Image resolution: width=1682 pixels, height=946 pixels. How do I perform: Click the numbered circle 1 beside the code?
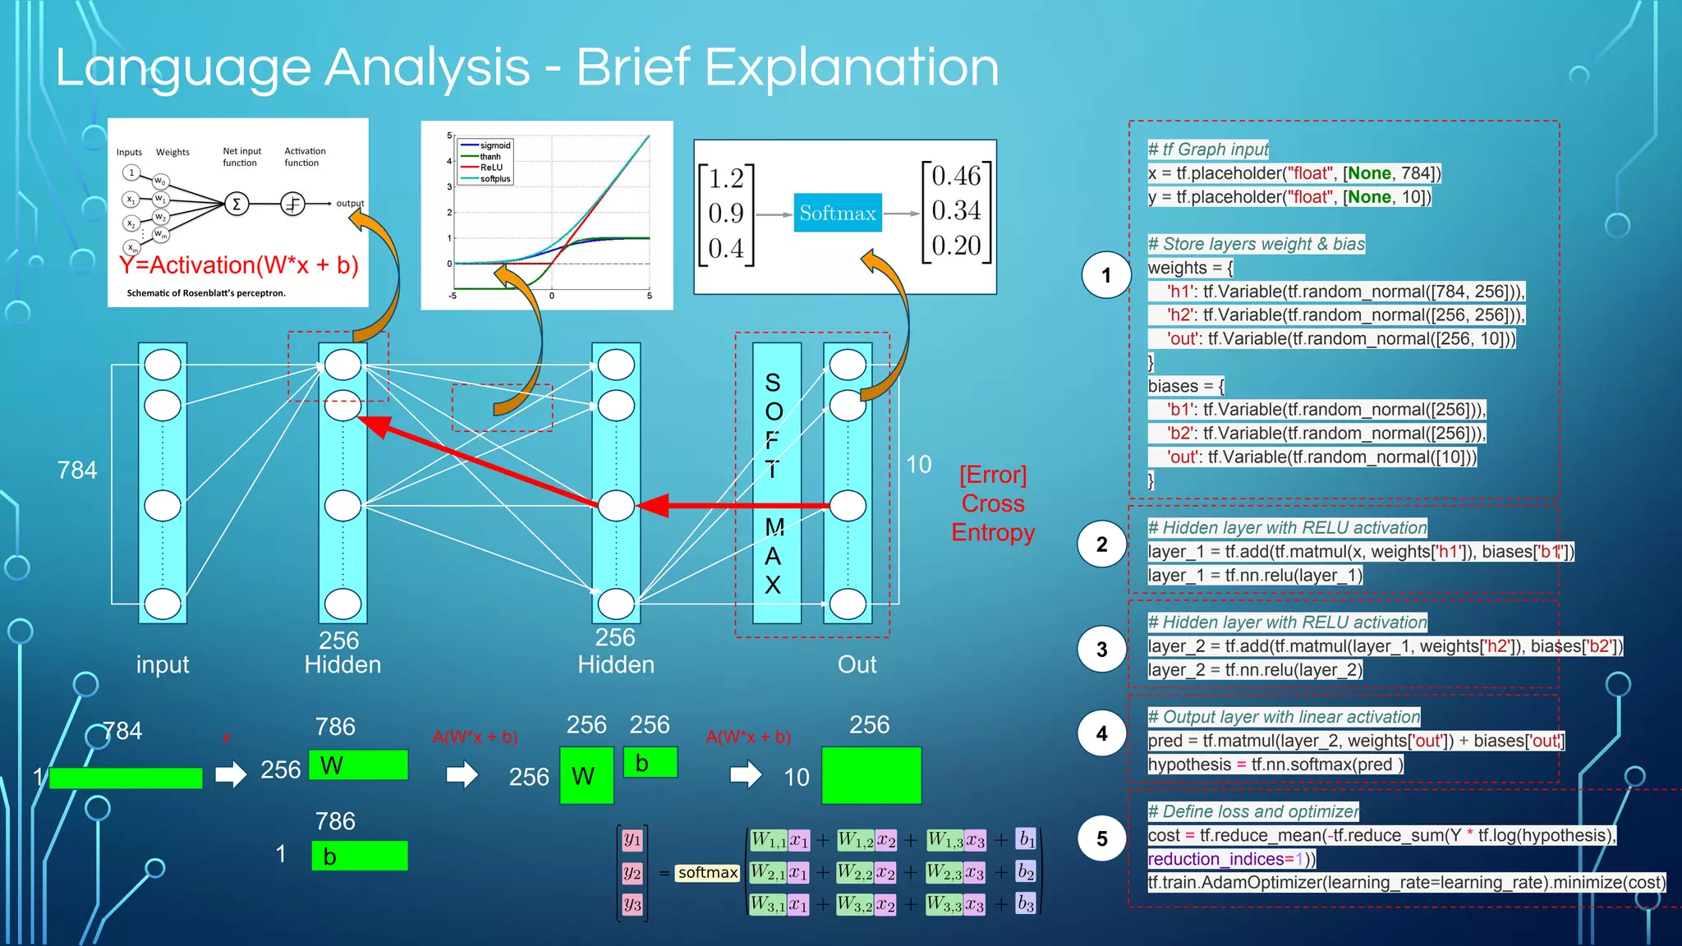pos(1105,275)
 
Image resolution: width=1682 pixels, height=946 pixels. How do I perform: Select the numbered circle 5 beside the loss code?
pos(1102,838)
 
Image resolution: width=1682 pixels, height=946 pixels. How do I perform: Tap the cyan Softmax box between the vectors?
pos(838,214)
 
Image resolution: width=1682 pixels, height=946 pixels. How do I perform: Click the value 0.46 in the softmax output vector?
pos(956,176)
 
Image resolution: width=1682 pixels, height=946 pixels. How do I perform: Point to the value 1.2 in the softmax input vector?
pos(726,178)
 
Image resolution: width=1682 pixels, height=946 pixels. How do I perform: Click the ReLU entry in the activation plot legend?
pos(491,168)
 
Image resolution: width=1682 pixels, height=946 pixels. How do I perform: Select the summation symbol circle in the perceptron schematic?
pos(237,204)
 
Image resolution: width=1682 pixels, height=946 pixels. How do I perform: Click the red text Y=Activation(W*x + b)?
pos(239,265)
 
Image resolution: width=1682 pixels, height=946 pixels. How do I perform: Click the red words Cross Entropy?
pos(993,518)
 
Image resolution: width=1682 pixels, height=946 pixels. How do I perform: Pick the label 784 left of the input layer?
pos(77,470)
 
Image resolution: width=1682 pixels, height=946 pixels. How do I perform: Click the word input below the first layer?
pos(163,664)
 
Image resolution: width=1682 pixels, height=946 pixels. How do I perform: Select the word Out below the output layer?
pos(857,664)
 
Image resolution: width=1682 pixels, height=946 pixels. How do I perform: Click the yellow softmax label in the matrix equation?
pos(707,872)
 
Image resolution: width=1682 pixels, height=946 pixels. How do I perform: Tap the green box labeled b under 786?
pos(360,856)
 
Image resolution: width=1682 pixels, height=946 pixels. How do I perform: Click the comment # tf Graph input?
pos(1208,149)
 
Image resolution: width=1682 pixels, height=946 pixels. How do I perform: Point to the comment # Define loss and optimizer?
pos(1253,811)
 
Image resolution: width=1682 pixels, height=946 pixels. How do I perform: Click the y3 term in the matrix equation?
pos(632,904)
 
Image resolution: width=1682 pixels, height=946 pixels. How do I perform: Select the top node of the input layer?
pos(163,365)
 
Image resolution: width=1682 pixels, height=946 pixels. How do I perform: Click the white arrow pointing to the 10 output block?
pos(746,774)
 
